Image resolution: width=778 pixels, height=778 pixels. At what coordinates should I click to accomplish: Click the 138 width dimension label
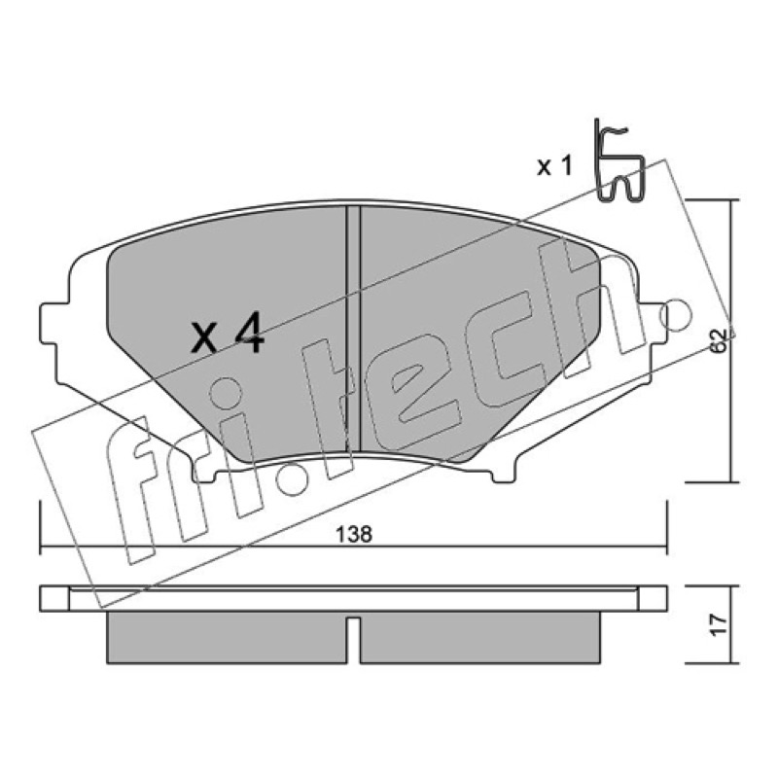(x=354, y=534)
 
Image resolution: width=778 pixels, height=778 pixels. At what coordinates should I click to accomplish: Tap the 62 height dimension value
(x=719, y=340)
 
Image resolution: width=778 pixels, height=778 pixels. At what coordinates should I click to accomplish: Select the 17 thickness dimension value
(x=719, y=623)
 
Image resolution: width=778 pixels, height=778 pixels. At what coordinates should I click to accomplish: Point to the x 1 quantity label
(x=554, y=166)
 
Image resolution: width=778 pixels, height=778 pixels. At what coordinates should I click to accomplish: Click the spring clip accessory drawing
(x=619, y=161)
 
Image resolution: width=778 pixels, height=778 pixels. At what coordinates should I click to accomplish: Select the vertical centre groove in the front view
(x=353, y=329)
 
